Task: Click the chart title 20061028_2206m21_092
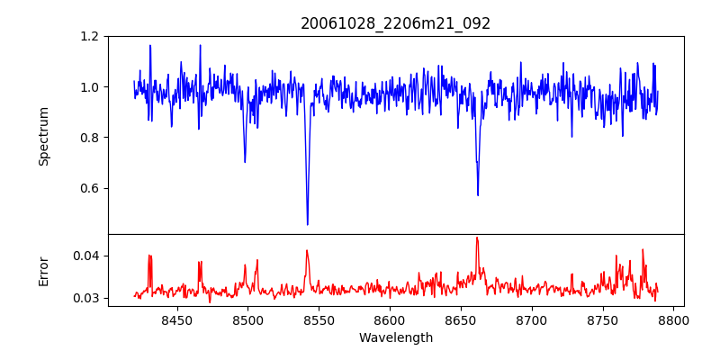click(396, 23)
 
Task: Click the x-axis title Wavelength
click(396, 337)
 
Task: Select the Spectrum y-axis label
click(44, 136)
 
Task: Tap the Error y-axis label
click(44, 271)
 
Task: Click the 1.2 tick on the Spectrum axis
click(90, 37)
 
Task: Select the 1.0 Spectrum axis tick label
click(90, 87)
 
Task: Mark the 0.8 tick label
click(90, 138)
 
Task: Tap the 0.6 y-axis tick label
click(90, 188)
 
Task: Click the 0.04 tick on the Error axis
click(86, 256)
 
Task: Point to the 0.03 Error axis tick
click(86, 298)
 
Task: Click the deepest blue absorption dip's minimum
click(308, 224)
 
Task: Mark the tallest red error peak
click(477, 238)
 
